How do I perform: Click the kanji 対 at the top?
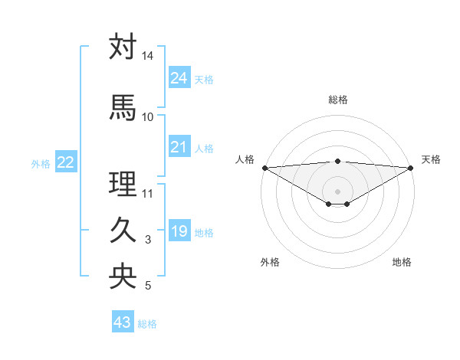(123, 47)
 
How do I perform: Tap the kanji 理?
(123, 184)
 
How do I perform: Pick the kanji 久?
(123, 231)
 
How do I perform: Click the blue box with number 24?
(179, 78)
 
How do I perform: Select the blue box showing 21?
(179, 147)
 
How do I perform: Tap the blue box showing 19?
(179, 231)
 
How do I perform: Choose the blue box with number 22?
(66, 162)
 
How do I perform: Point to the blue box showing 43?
(123, 322)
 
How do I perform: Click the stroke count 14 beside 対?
(148, 56)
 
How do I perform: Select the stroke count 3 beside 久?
(148, 240)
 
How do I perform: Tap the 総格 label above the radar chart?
(337, 100)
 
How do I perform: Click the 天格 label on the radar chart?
(431, 159)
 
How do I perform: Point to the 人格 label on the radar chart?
(245, 159)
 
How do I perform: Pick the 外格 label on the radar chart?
(270, 262)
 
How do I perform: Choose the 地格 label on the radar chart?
(402, 262)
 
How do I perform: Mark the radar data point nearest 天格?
(411, 167)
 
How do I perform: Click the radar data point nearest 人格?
(264, 167)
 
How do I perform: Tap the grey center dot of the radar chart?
(337, 191)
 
